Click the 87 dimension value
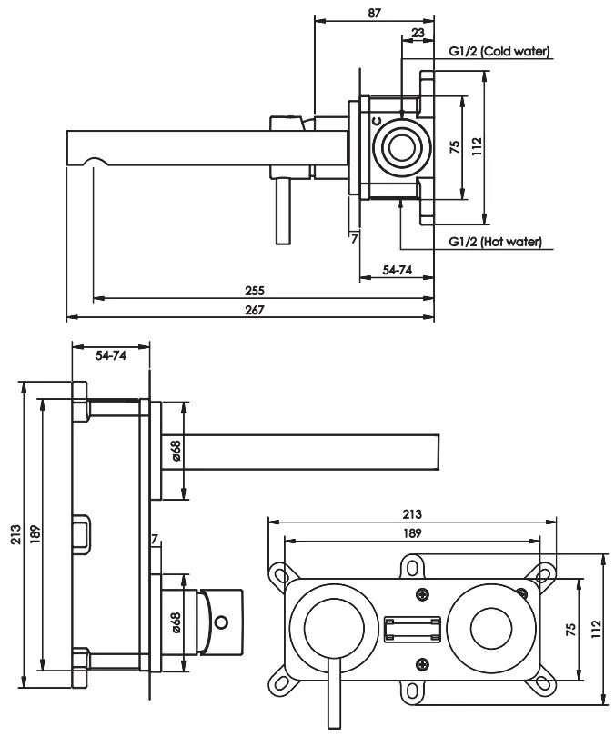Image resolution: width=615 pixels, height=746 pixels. [375, 13]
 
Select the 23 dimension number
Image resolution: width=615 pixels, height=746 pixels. [417, 33]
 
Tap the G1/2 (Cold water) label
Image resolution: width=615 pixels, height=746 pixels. [499, 52]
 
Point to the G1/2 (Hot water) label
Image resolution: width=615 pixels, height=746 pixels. [496, 243]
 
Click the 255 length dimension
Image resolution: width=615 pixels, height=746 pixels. [255, 291]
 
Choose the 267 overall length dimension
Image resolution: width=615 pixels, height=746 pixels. [255, 311]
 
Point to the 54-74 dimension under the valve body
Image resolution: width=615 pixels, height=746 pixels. [396, 272]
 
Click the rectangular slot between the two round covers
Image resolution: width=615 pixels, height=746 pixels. [412, 630]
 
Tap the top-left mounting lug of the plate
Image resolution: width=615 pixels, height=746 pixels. [277, 572]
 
